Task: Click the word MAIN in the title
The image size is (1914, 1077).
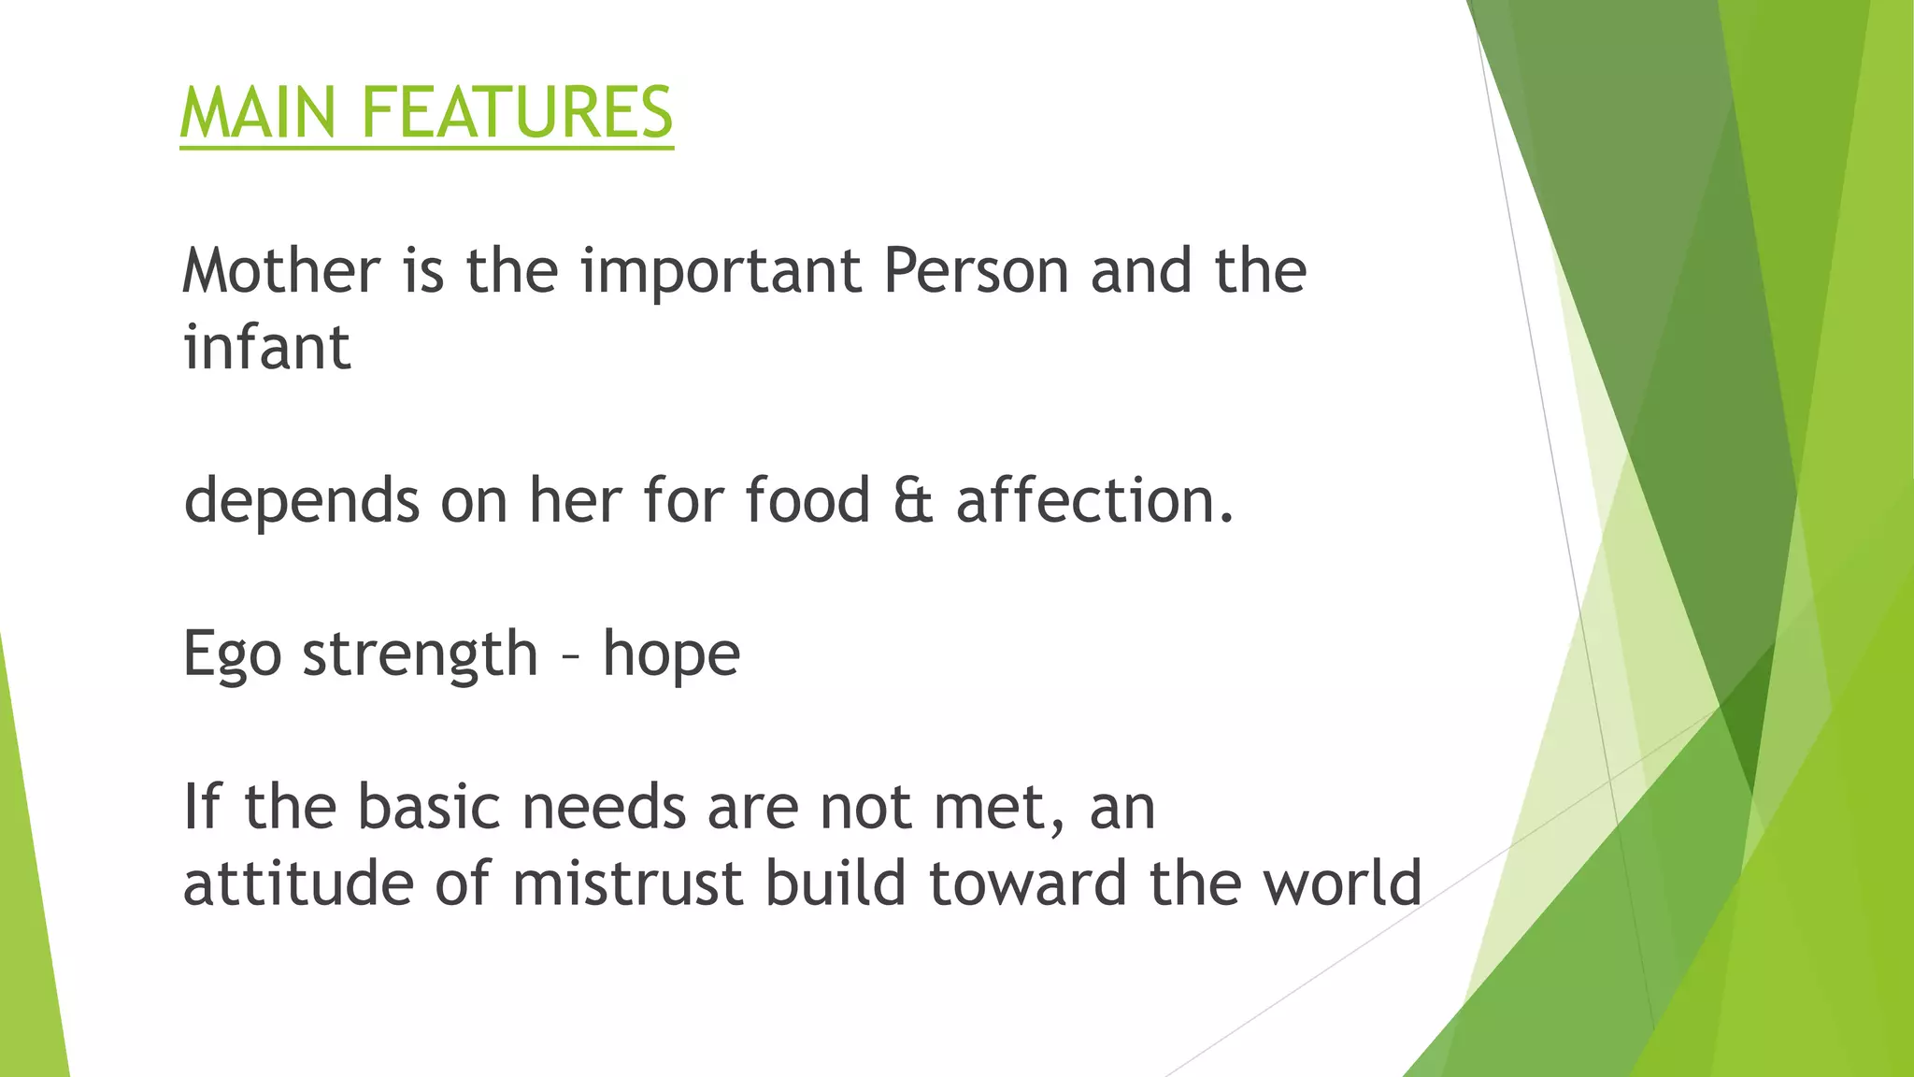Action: coord(257,113)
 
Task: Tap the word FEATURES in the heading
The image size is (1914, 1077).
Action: coord(517,113)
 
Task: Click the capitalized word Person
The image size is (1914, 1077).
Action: coord(976,271)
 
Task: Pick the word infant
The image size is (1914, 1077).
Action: coord(267,348)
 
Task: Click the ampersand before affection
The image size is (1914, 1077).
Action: coord(913,500)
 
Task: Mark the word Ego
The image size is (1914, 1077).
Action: coord(232,655)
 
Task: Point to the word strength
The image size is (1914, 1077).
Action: coord(421,653)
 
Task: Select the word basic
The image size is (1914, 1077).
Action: coord(429,807)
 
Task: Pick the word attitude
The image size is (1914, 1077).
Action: coord(298,883)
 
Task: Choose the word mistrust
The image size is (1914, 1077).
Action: coord(628,883)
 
